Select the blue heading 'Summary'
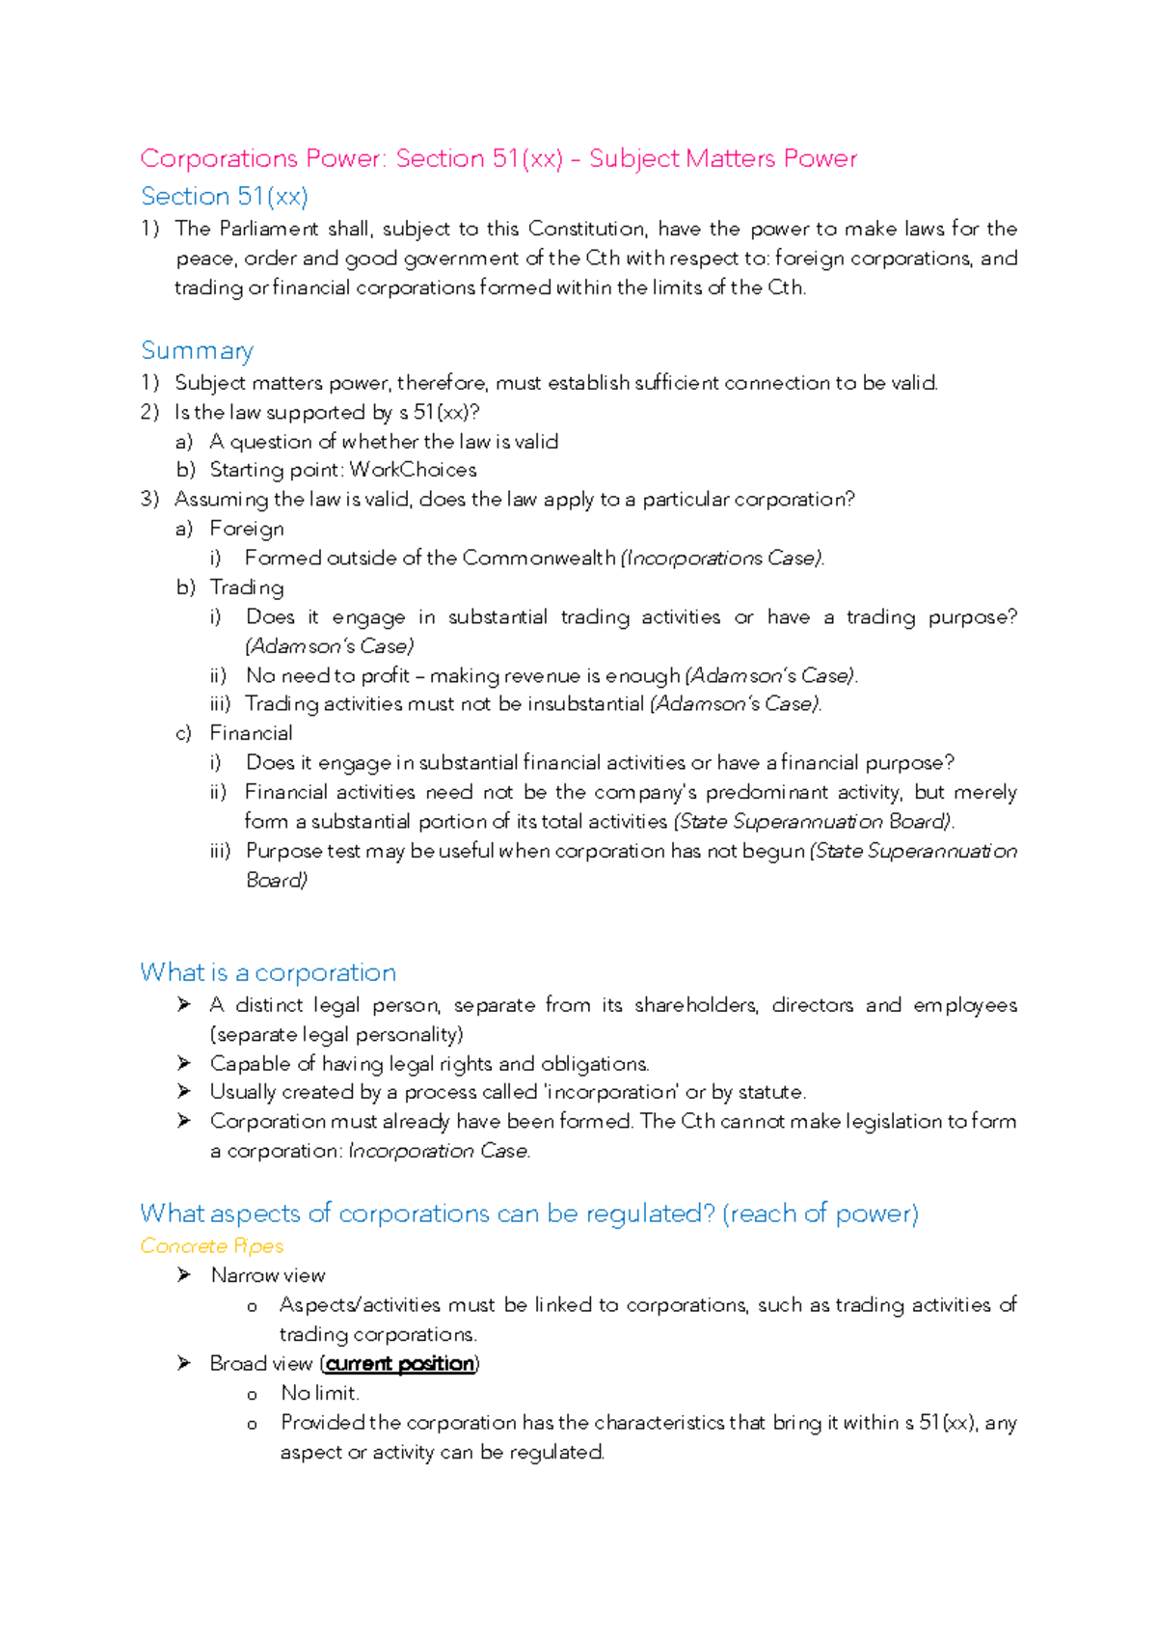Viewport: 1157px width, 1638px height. (197, 350)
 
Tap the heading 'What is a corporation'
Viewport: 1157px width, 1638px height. (268, 972)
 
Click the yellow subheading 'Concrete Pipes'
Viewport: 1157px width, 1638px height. (211, 1245)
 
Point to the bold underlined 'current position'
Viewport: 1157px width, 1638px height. (400, 1363)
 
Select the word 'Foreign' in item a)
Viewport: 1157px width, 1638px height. (247, 529)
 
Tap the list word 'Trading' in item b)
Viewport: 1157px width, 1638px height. (247, 587)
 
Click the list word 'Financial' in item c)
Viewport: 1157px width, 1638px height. (251, 733)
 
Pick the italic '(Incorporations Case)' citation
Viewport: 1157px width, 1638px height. (723, 559)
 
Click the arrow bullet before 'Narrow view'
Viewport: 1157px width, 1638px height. (184, 1275)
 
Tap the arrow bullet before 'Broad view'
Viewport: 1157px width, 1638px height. (184, 1363)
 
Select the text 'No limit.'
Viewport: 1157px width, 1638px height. (320, 1393)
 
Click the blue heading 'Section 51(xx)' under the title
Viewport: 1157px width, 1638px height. (225, 196)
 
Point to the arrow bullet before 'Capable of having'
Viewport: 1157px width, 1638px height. (184, 1063)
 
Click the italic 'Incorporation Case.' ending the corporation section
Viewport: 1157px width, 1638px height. (439, 1151)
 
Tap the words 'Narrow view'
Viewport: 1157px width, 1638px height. (268, 1275)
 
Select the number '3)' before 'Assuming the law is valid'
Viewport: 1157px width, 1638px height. (148, 500)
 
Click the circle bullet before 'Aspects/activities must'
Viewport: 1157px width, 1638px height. (253, 1306)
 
